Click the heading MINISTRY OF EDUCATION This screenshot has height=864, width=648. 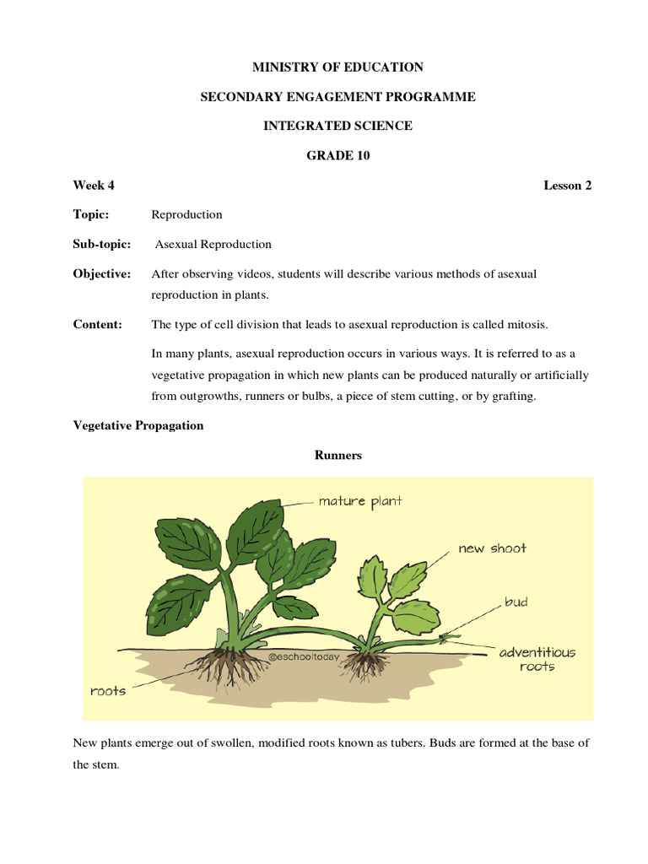click(x=337, y=67)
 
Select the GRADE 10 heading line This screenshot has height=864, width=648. click(x=337, y=155)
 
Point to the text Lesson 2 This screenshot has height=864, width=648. click(x=567, y=186)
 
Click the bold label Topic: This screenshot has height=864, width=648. click(x=91, y=214)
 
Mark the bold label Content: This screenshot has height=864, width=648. click(x=98, y=324)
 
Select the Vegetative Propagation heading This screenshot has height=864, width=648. click(x=138, y=425)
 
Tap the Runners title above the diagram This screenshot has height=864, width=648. click(x=337, y=455)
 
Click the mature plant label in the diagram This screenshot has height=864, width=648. click(x=360, y=501)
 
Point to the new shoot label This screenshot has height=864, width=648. click(x=492, y=548)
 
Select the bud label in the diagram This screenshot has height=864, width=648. click(x=516, y=602)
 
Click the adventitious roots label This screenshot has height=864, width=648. click(x=537, y=659)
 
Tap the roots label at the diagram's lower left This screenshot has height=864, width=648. click(x=108, y=691)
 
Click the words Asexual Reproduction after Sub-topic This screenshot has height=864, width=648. click(x=213, y=244)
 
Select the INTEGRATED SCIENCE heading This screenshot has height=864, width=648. click(x=337, y=126)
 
